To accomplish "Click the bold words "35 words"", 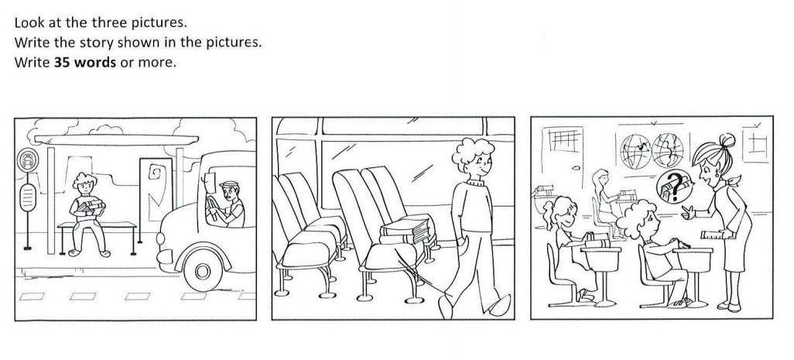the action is (x=84, y=62).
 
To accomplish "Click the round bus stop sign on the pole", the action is (x=27, y=159).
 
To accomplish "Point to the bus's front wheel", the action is (x=203, y=272).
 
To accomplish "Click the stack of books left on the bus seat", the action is (x=406, y=229).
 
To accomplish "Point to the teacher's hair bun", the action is (x=727, y=140).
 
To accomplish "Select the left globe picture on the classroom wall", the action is (x=635, y=151).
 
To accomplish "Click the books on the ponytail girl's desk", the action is (x=598, y=240).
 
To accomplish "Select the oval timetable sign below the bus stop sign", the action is (x=28, y=197).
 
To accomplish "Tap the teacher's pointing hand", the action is (x=689, y=211).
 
